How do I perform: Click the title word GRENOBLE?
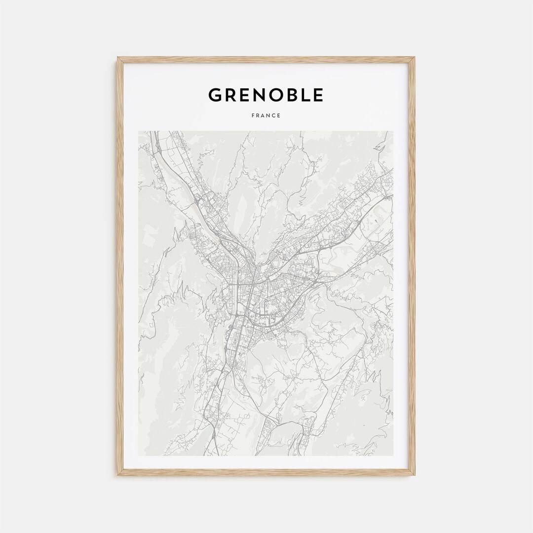click(266, 95)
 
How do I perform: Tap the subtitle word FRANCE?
click(266, 115)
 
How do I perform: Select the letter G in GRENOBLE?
click(215, 95)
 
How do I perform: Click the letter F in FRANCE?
click(253, 115)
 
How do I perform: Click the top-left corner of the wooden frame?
click(118, 58)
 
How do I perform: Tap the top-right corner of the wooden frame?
click(415, 58)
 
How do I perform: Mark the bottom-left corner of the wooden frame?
click(118, 475)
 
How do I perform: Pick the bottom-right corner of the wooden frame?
click(415, 475)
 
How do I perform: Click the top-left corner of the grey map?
click(139, 131)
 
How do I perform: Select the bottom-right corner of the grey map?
click(393, 455)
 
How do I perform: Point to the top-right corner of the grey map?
click(393, 131)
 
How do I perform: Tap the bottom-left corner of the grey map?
click(139, 455)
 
